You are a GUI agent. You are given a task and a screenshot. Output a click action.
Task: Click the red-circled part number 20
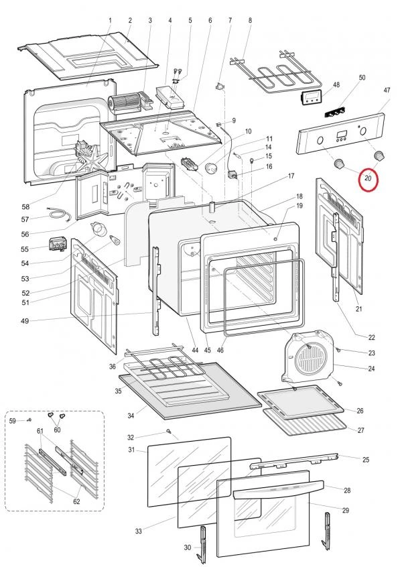(368, 178)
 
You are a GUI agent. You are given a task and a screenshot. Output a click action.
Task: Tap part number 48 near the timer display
(336, 85)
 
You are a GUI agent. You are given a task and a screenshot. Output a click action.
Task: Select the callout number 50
(362, 78)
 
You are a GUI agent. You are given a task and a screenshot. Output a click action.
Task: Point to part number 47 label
(387, 90)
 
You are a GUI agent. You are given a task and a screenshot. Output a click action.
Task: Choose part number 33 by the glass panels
(138, 531)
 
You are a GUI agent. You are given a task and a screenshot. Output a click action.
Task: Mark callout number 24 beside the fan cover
(371, 368)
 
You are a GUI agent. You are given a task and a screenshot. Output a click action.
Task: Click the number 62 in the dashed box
(76, 501)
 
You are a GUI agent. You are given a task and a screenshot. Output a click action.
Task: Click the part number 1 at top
(110, 21)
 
